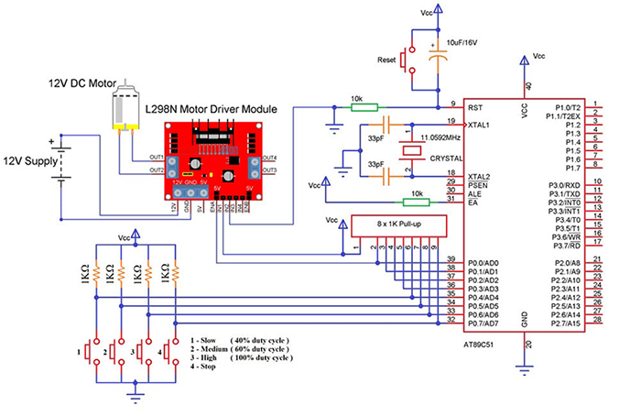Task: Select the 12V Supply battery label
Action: [x=33, y=161]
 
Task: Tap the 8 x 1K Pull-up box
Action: [x=397, y=224]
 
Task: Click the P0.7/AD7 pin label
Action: [x=483, y=323]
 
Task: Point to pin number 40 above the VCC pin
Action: [x=527, y=86]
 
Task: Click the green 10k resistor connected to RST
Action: [x=364, y=106]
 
